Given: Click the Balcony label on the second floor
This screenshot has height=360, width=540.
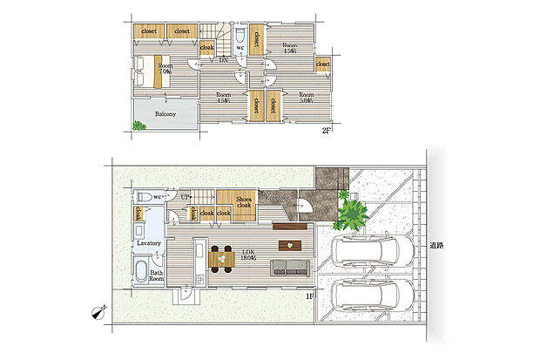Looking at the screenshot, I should pos(165,114).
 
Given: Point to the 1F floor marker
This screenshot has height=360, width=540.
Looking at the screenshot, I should pos(308,295).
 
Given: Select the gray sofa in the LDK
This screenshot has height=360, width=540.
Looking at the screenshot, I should pos(290,268).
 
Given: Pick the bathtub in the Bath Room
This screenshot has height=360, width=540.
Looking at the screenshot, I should pos(144,268).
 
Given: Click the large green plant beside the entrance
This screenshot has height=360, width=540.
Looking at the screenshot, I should pos(351,213).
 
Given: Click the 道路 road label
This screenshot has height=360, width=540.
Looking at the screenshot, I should pos(435,246).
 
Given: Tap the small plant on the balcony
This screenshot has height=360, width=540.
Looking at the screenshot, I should pos(139,126).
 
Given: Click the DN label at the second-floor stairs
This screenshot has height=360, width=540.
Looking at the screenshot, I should pos(223,60).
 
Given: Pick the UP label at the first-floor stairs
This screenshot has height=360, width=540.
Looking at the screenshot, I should pos(185,198).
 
